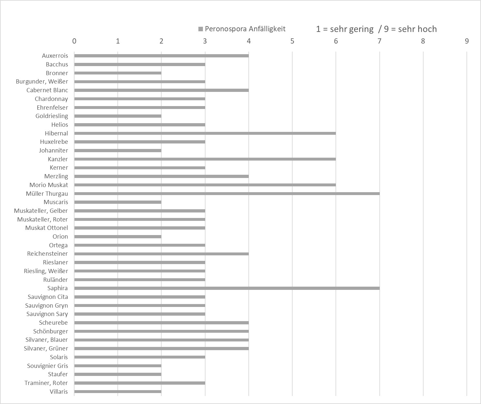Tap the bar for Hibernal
click(x=205, y=133)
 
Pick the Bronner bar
click(x=118, y=73)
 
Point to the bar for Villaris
click(x=118, y=391)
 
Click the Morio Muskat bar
click(x=205, y=185)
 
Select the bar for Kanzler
click(x=205, y=159)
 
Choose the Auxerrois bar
click(x=161, y=56)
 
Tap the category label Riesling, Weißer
click(x=46, y=271)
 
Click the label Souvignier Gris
click(x=47, y=366)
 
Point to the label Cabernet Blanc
click(x=47, y=90)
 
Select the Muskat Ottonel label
click(x=46, y=228)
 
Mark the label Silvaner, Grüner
click(x=46, y=348)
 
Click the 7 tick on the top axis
click(x=379, y=41)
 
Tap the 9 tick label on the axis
click(x=466, y=41)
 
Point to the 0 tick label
click(x=75, y=41)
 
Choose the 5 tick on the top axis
click(x=292, y=41)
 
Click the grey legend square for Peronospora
click(x=200, y=29)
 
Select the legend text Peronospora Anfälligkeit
click(x=245, y=29)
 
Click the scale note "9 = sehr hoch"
click(x=410, y=29)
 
